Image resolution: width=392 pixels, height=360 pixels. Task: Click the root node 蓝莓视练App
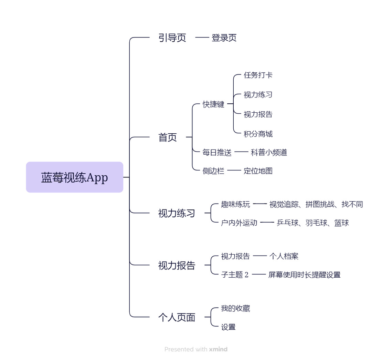[74, 177]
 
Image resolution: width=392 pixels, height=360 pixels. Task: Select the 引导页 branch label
[172, 38]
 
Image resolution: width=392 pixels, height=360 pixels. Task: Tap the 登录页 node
[224, 38]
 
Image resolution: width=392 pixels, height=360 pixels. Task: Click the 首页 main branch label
[168, 137]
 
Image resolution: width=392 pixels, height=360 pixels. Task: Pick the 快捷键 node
[213, 104]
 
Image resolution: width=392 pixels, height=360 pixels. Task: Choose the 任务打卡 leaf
[258, 75]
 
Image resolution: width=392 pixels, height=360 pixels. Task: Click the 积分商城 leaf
[258, 134]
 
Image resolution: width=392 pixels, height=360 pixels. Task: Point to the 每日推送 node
[217, 152]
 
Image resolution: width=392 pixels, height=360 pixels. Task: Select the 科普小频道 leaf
[269, 152]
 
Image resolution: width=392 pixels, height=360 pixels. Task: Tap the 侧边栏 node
[213, 171]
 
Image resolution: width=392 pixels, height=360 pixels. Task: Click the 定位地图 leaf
[258, 171]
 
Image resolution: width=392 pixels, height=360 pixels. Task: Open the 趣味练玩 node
[235, 204]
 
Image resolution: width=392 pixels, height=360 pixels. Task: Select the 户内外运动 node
[239, 223]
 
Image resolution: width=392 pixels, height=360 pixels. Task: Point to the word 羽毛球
[316, 223]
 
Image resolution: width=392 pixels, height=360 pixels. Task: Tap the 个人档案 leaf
[284, 256]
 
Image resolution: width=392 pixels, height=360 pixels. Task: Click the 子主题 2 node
[234, 275]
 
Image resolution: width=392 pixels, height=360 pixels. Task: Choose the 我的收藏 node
[235, 308]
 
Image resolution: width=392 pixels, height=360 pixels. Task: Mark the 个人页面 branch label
[177, 317]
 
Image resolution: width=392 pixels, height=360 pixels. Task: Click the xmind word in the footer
[218, 349]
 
